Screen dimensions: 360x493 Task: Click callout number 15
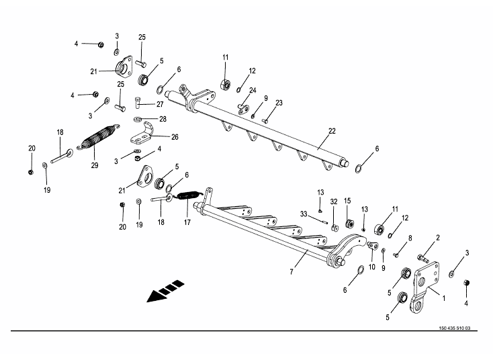point(348,201)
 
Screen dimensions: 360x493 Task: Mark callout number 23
point(279,103)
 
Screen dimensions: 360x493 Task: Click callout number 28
point(163,119)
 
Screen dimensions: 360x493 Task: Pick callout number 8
point(410,237)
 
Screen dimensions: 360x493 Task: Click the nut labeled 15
point(349,223)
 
